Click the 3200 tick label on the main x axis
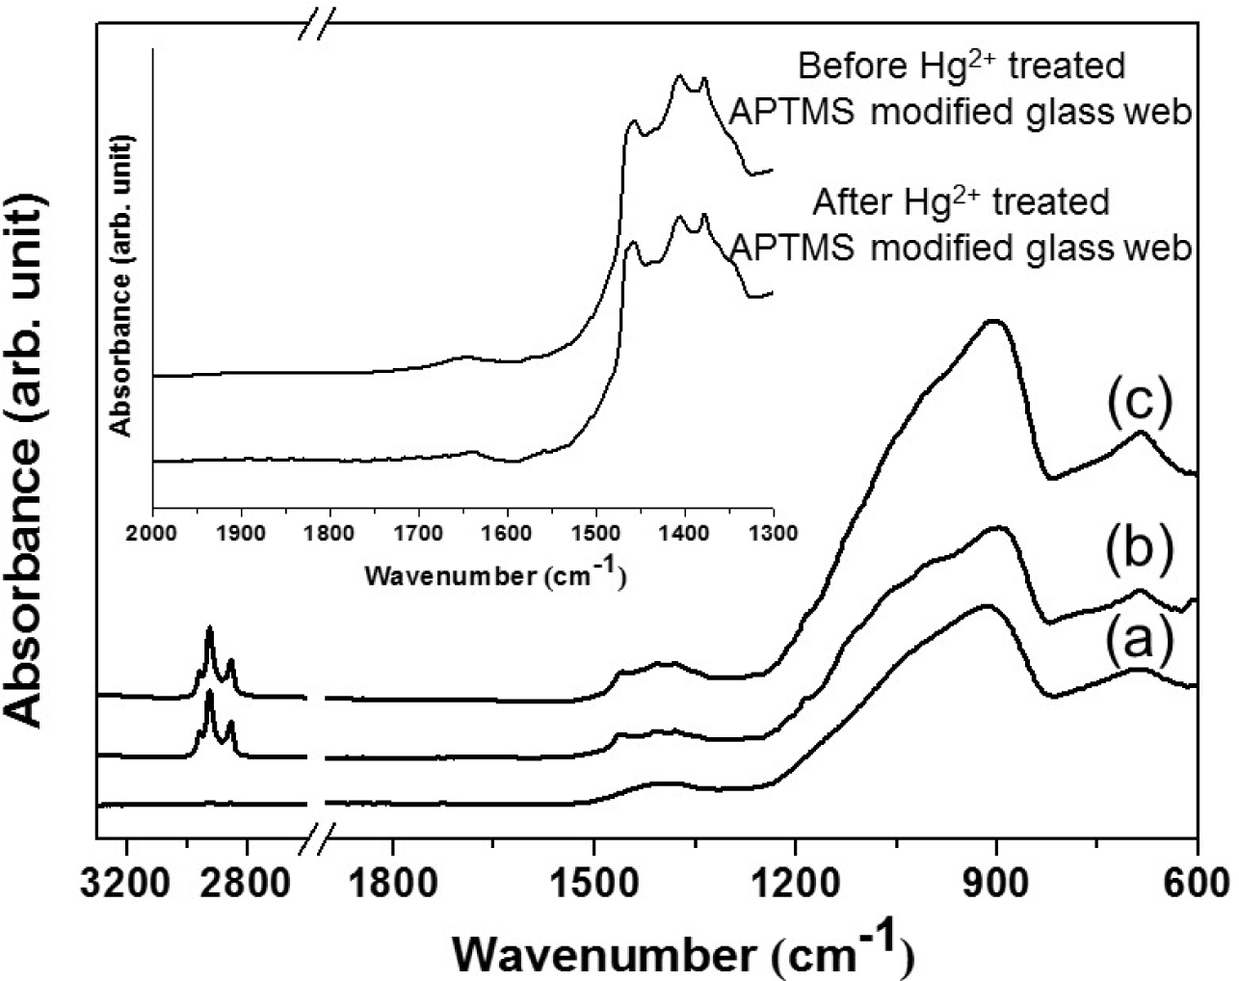[127, 884]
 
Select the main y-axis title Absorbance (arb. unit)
[28, 459]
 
